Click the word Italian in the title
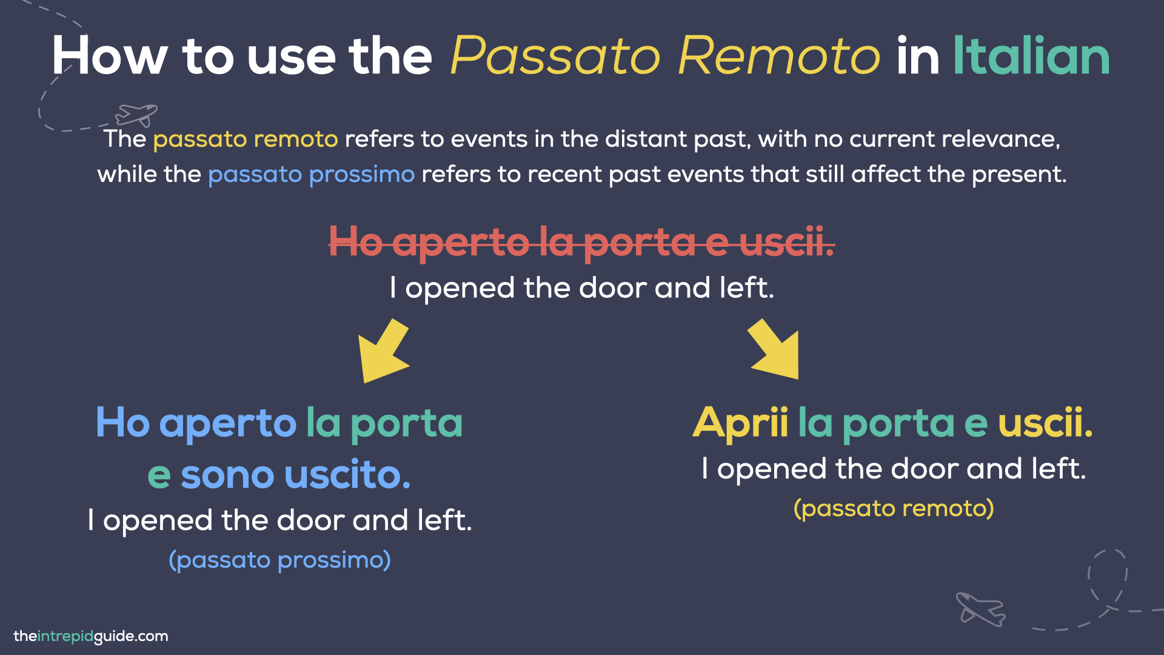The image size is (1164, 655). tap(1031, 56)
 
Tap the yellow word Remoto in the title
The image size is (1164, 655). tap(779, 56)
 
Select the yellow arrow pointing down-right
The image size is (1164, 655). tap(777, 351)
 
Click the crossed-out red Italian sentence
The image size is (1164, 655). tap(581, 243)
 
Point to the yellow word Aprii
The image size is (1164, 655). tap(740, 423)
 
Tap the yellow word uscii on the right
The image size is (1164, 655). tap(1044, 423)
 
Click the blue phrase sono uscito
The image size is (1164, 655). tap(295, 475)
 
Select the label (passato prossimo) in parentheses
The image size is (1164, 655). tap(279, 560)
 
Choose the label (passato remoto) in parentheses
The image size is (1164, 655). tap(894, 508)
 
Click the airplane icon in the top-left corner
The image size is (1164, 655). tap(136, 114)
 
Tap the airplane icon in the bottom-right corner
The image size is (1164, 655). tap(980, 609)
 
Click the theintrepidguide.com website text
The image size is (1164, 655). tap(91, 636)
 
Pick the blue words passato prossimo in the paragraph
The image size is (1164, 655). tap(311, 175)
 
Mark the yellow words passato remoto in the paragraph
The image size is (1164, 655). tap(246, 139)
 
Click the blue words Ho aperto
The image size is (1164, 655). tap(196, 423)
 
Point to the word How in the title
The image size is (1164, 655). tap(109, 56)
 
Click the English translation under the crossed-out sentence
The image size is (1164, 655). tap(581, 287)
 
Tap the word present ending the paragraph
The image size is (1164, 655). tap(1018, 175)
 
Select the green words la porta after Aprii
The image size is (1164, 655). tap(876, 423)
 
